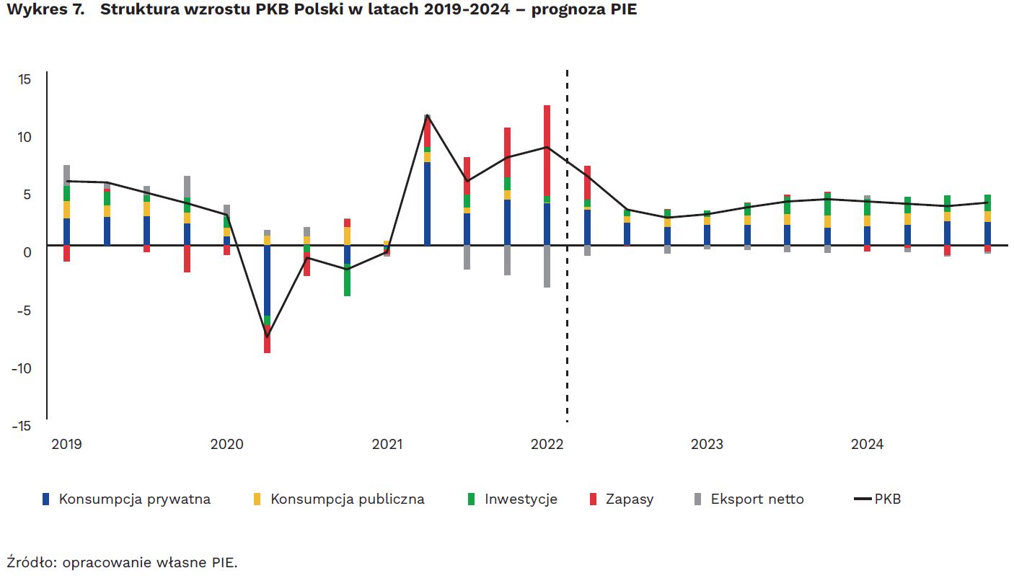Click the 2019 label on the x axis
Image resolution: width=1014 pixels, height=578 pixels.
pyautogui.click(x=66, y=445)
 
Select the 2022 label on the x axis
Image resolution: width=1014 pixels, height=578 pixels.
pyautogui.click(x=547, y=445)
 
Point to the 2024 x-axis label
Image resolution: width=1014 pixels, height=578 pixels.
pyautogui.click(x=867, y=445)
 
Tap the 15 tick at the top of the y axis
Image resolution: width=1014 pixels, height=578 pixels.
pyautogui.click(x=25, y=79)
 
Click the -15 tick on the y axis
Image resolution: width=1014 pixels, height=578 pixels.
pyautogui.click(x=22, y=426)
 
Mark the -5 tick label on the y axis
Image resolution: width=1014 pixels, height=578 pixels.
pyautogui.click(x=23, y=311)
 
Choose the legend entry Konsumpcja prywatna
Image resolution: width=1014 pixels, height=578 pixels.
pyautogui.click(x=134, y=499)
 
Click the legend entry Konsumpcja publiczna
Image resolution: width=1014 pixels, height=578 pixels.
pyautogui.click(x=347, y=499)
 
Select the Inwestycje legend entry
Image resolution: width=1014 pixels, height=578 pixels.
pyautogui.click(x=520, y=499)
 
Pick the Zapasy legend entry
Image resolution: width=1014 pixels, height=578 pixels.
pyautogui.click(x=629, y=499)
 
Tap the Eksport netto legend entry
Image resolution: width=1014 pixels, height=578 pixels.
pyautogui.click(x=757, y=499)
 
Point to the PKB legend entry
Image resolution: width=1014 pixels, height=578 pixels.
pyautogui.click(x=886, y=499)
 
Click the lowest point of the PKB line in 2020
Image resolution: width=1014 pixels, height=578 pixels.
pyautogui.click(x=267, y=337)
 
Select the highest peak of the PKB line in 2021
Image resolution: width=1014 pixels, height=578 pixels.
pyautogui.click(x=427, y=115)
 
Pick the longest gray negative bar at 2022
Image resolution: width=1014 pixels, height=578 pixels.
pyautogui.click(x=547, y=267)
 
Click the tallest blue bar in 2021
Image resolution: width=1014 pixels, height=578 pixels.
pyautogui.click(x=427, y=204)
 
